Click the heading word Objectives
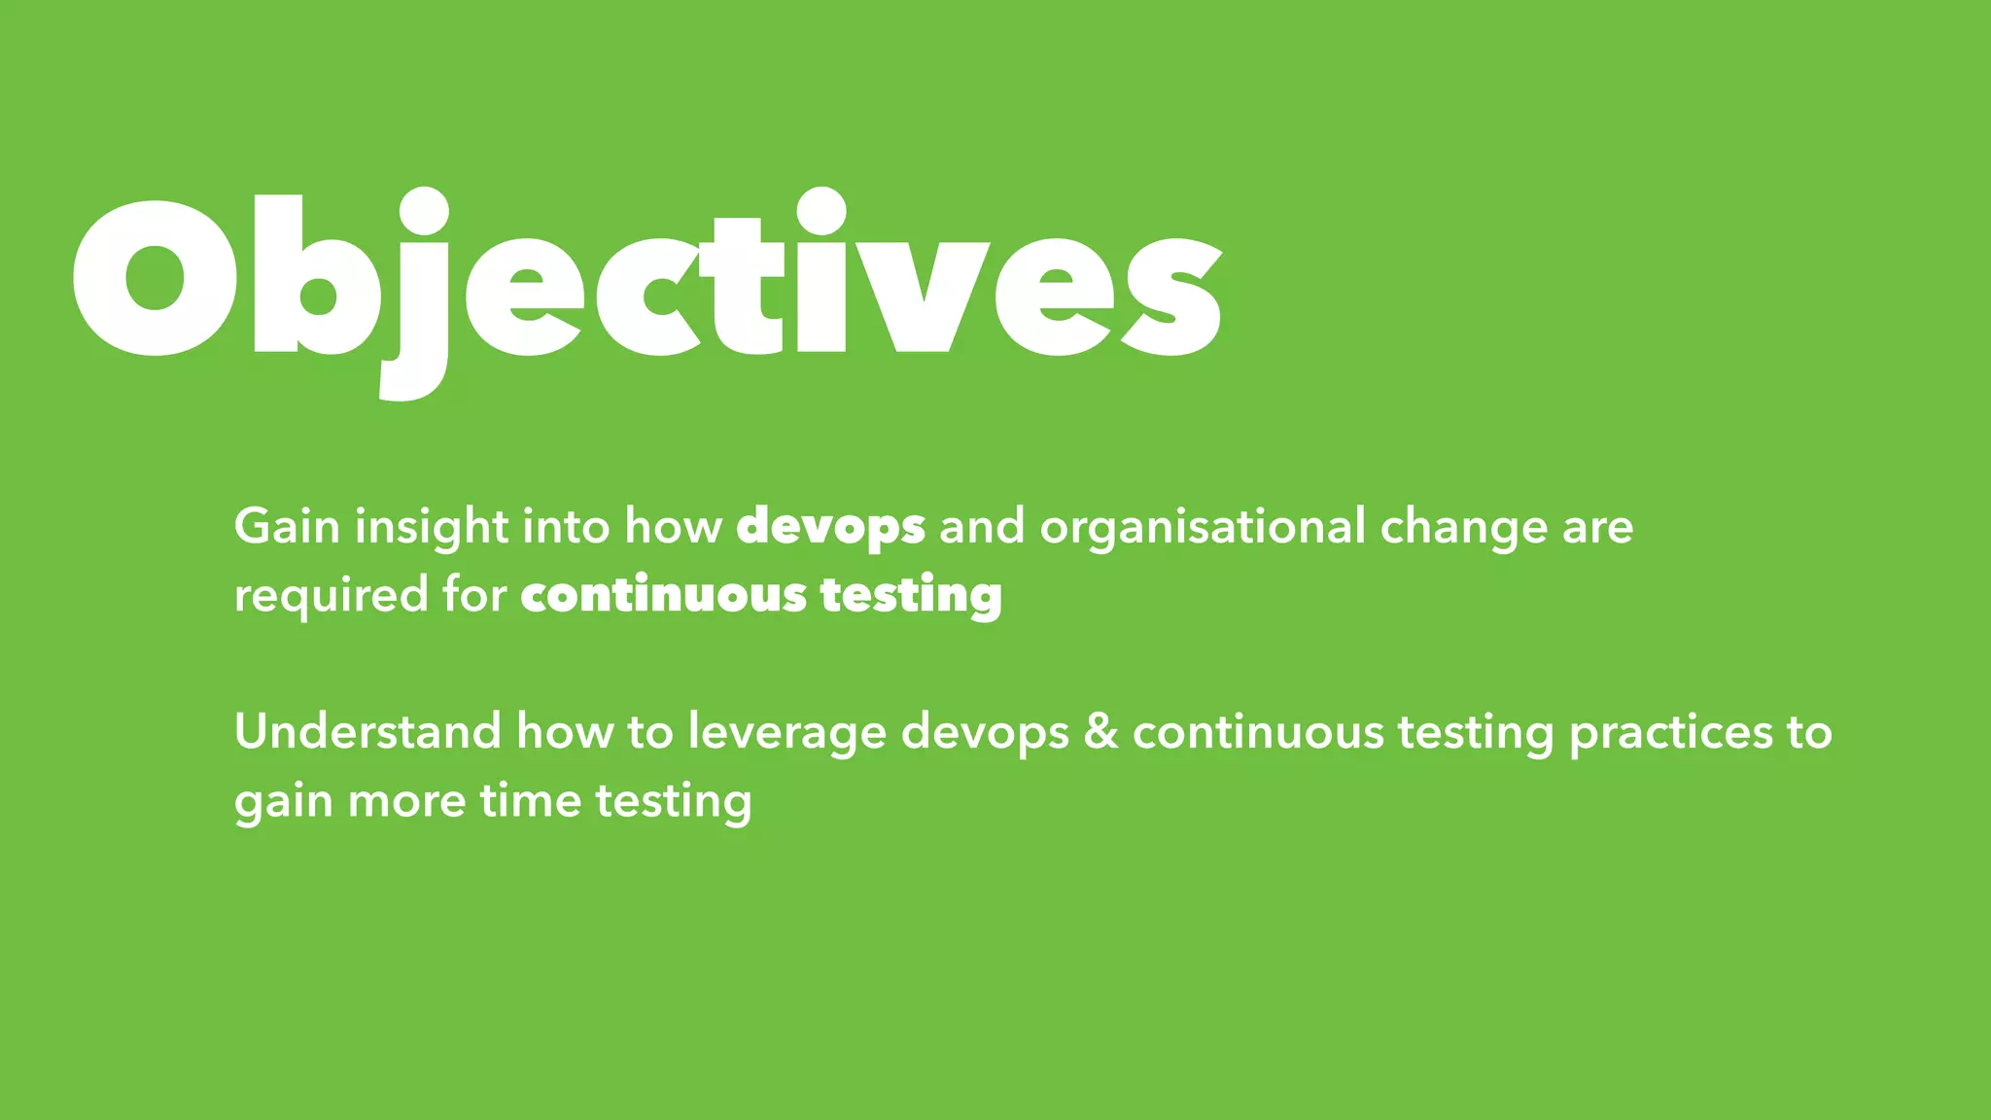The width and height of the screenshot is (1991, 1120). click(646, 282)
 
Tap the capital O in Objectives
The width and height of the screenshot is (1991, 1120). click(156, 279)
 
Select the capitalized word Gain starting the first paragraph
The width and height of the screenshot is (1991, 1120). click(287, 527)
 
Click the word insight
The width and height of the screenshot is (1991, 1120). click(432, 527)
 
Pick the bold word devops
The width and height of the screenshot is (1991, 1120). click(830, 527)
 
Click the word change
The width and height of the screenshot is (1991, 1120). click(1464, 527)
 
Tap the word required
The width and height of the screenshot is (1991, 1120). click(331, 595)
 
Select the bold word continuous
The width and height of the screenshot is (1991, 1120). click(664, 595)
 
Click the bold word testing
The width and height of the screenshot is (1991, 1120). click(911, 595)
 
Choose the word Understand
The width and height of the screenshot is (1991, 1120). click(367, 731)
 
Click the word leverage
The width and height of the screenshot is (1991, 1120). click(787, 731)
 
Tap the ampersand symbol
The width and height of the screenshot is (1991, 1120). click(1100, 731)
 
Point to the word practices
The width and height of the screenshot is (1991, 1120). click(1670, 731)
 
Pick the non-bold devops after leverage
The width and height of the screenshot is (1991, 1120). click(985, 731)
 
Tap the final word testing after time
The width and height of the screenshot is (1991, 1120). click(673, 801)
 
